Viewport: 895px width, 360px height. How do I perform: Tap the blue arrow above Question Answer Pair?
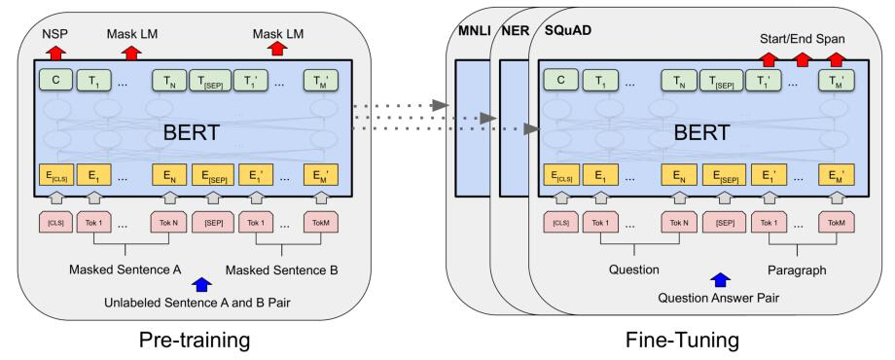(x=719, y=279)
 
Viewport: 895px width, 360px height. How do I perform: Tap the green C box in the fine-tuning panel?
(x=558, y=81)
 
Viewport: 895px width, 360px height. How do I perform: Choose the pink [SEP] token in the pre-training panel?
(x=215, y=222)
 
